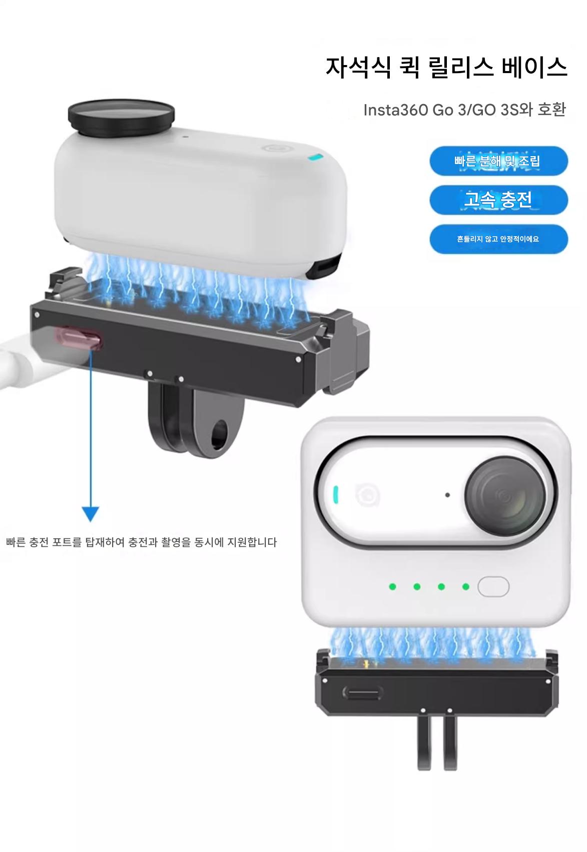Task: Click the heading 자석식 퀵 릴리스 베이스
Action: pyautogui.click(x=446, y=68)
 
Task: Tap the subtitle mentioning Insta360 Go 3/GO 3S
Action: pyautogui.click(x=464, y=110)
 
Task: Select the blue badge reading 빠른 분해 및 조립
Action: pyautogui.click(x=498, y=161)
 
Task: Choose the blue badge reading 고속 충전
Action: pyautogui.click(x=498, y=200)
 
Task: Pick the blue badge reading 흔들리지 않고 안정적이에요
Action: pyautogui.click(x=498, y=239)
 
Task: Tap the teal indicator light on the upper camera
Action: pyautogui.click(x=316, y=158)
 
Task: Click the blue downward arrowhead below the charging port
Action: pyautogui.click(x=91, y=514)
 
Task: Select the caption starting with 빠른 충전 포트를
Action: pyautogui.click(x=141, y=542)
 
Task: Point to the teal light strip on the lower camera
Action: pyautogui.click(x=336, y=494)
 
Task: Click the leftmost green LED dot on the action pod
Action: pyautogui.click(x=393, y=586)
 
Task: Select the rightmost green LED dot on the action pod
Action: pyautogui.click(x=465, y=586)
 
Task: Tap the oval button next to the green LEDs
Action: pyautogui.click(x=493, y=586)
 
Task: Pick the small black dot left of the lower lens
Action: pyautogui.click(x=447, y=495)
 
